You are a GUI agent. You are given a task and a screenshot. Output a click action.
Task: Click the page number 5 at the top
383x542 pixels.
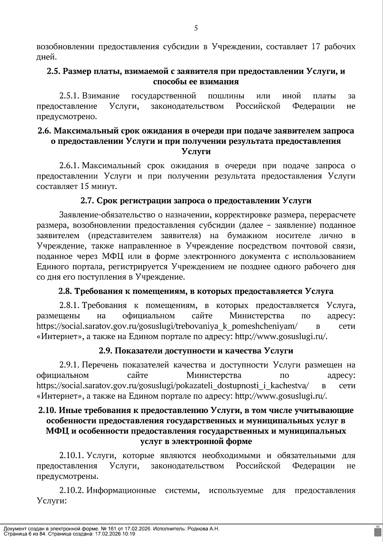(196, 28)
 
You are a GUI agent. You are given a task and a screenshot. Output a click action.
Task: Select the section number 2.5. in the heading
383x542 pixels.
(53, 71)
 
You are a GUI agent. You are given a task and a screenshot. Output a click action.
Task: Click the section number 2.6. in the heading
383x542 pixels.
(44, 131)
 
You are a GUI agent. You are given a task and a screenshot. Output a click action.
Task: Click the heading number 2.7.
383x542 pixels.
(86, 201)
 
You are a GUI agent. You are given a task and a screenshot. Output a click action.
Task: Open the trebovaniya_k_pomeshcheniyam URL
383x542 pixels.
(167, 327)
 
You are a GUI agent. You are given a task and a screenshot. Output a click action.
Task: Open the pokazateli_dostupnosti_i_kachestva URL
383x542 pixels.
(173, 386)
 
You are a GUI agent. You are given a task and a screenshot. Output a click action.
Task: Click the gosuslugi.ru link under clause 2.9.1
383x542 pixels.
(281, 396)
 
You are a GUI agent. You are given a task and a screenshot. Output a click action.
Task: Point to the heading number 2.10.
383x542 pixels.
(46, 410)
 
